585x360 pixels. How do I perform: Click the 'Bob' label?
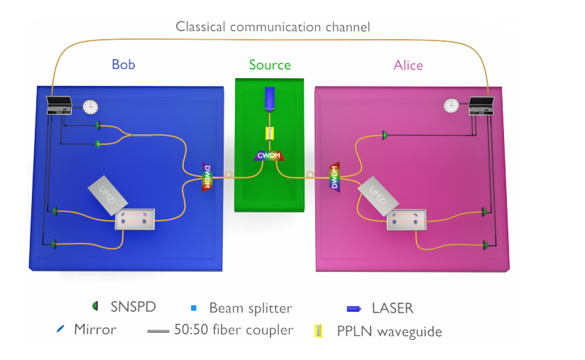pos(123,65)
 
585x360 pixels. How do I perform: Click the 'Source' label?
pos(270,65)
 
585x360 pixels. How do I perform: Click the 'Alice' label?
pos(408,65)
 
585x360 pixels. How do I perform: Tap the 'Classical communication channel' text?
pos(273,28)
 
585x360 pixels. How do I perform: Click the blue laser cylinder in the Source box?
pos(269,99)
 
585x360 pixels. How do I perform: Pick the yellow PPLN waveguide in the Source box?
pos(270,133)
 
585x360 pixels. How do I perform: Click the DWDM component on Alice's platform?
pos(334,178)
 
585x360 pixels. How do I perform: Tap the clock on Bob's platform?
pos(90,107)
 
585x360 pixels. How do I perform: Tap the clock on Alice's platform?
pos(451,106)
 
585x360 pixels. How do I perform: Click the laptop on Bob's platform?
pos(60,105)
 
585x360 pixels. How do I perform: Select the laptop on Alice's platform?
pos(483,105)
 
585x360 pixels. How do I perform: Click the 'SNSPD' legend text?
pos(133,307)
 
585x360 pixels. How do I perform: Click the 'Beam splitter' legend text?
pos(250,308)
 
